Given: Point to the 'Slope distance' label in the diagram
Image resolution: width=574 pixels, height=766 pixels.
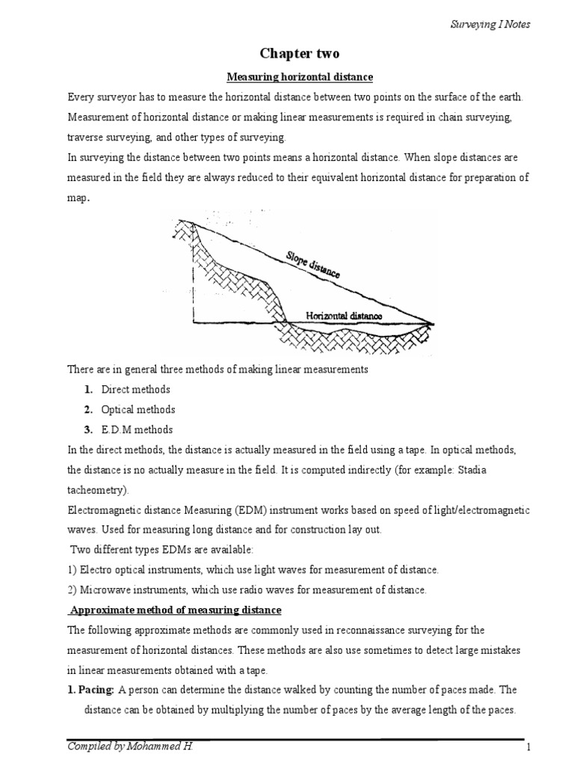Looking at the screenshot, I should [x=312, y=265].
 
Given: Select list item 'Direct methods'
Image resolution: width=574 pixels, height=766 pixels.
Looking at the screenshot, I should [x=136, y=390].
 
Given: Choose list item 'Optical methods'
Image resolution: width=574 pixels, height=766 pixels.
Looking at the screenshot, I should [x=138, y=410].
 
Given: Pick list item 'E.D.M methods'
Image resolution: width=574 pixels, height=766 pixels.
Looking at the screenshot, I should [x=137, y=430].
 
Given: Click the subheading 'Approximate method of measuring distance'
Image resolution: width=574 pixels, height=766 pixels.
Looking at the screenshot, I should [x=175, y=610].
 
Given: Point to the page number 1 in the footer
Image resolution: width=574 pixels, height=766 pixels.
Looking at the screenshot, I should [x=527, y=748].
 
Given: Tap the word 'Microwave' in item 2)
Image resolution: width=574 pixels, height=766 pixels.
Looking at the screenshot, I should [x=104, y=590].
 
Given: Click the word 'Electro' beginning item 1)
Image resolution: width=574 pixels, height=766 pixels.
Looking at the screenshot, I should [x=96, y=570].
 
